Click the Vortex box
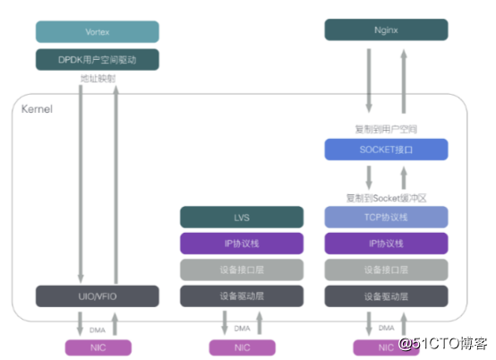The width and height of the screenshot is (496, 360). [x=97, y=32]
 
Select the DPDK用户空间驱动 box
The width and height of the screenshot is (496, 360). [x=97, y=61]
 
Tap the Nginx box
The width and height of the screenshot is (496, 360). [x=385, y=32]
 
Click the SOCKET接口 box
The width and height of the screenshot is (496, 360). [x=385, y=150]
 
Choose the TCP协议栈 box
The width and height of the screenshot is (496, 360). [x=385, y=217]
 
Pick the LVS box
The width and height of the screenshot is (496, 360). [x=241, y=217]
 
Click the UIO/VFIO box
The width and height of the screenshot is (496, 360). [x=97, y=296]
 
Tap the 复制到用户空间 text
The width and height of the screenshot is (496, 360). [x=385, y=129]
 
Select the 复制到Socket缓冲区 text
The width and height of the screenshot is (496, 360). [x=385, y=195]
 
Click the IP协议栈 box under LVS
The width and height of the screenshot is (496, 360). [x=241, y=243]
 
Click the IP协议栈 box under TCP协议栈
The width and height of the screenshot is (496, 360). [x=385, y=243]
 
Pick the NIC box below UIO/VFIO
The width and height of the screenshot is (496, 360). [x=97, y=347]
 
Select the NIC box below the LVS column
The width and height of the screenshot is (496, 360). [x=241, y=347]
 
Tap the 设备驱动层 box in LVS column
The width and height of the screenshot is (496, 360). [x=241, y=296]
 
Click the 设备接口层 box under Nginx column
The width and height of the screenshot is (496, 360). [x=385, y=270]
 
